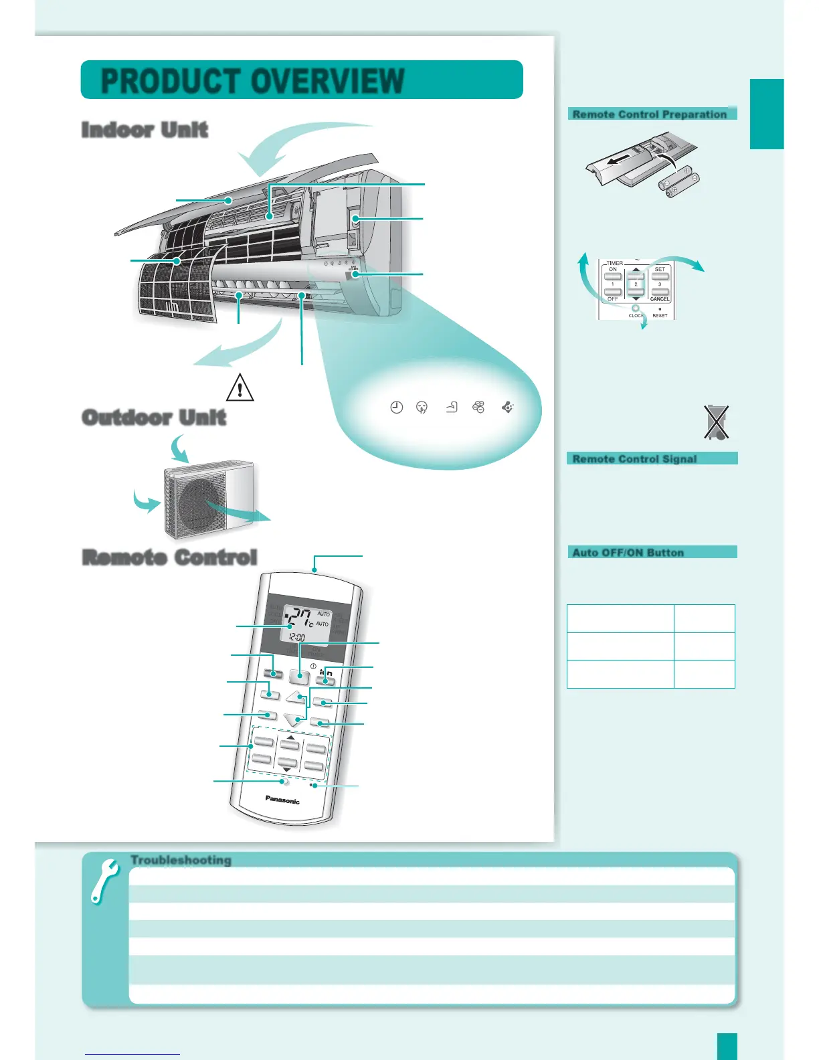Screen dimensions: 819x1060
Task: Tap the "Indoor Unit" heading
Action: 145,130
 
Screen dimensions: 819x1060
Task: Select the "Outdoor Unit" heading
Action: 154,418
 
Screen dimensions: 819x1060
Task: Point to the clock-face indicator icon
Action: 397,407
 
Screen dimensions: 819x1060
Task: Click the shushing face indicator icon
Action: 422,407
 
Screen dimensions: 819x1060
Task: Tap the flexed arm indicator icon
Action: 452,406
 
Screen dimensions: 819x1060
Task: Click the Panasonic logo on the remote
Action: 282,800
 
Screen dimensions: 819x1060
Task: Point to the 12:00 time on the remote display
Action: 298,638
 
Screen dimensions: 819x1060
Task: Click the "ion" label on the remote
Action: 326,672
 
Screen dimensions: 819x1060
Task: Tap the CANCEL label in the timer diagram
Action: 660,299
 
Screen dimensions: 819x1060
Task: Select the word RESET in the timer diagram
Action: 660,315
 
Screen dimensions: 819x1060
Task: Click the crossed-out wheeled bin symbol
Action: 716,422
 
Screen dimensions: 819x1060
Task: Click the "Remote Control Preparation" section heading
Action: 649,114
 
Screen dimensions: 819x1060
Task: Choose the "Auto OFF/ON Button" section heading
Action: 628,553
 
